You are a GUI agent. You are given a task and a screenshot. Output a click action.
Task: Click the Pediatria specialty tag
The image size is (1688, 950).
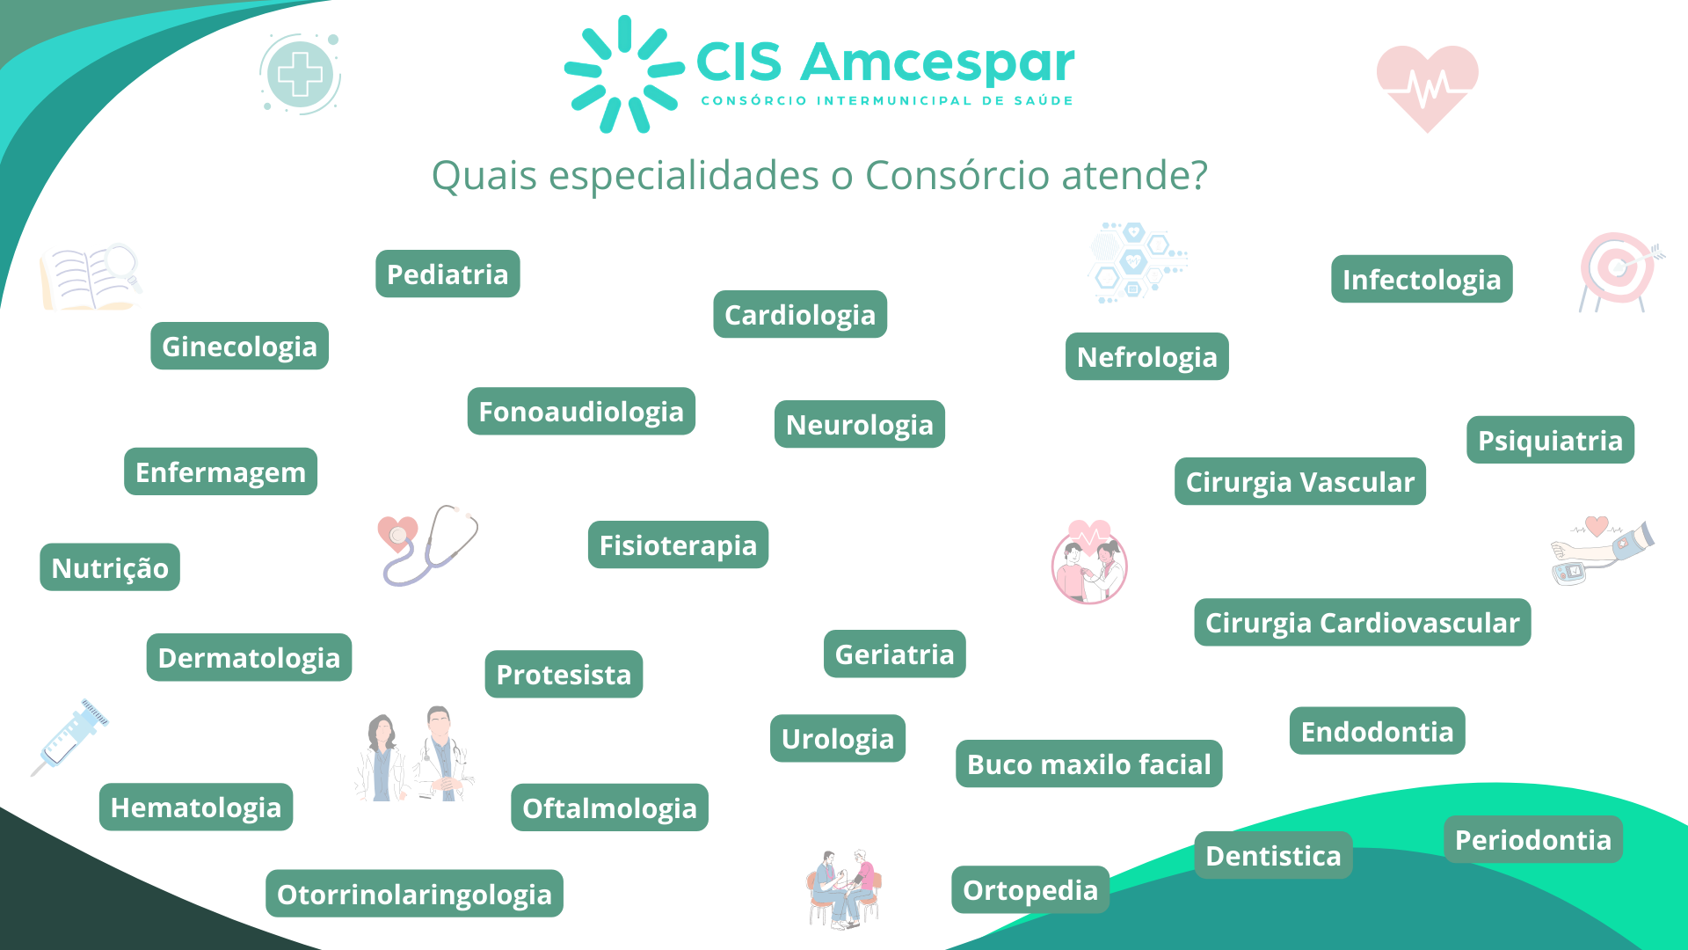[447, 274]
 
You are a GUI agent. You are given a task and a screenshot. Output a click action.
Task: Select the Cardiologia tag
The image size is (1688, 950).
[800, 315]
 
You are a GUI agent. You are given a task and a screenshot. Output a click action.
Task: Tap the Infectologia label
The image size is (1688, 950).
[1422, 280]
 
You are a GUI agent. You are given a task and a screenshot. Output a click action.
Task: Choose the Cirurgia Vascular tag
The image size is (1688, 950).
[1300, 482]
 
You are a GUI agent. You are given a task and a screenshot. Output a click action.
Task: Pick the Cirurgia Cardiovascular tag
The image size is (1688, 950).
[1363, 623]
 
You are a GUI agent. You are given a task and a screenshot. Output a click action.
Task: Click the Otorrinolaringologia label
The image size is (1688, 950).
[414, 894]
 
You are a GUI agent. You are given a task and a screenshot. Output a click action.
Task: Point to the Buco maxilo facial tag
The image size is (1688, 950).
[1089, 764]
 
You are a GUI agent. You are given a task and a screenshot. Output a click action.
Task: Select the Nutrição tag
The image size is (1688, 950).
[110, 567]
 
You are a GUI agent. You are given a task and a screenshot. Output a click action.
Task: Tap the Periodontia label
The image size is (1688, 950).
[1533, 839]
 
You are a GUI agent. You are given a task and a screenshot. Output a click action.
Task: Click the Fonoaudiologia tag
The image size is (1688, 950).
[581, 412]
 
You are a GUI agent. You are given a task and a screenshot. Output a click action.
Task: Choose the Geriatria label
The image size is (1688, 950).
[894, 654]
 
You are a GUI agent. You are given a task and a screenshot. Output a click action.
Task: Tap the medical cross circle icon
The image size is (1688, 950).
[301, 74]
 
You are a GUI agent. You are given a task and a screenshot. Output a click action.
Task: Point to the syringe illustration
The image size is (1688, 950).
[70, 737]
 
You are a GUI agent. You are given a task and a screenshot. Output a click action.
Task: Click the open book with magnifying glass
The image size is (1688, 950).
[91, 276]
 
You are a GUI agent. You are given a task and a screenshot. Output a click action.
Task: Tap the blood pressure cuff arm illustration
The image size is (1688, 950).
[1602, 551]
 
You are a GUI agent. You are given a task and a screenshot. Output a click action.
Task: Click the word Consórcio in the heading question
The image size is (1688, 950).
[957, 175]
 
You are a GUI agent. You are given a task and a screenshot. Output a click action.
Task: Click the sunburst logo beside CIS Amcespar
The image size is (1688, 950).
[624, 74]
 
